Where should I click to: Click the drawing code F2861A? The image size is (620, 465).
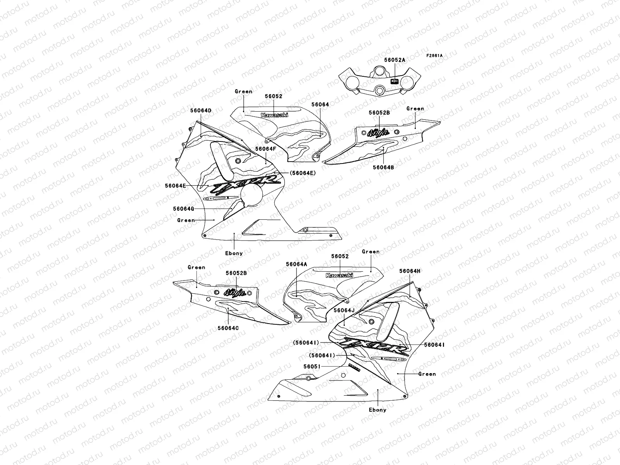point(434,56)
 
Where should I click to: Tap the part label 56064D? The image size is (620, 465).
point(201,110)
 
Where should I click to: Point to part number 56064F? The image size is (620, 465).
point(265,149)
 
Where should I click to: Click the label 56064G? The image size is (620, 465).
point(184,208)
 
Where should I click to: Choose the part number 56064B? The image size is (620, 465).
point(383,167)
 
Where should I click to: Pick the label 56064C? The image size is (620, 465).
point(228,328)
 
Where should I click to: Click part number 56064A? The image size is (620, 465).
point(296,264)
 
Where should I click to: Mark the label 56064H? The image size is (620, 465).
point(410,271)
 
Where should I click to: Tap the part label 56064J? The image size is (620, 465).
point(344,310)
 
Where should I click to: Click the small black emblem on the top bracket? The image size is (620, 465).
point(394,81)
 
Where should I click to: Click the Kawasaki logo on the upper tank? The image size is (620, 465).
point(274,115)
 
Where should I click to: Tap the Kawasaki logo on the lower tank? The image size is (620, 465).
point(339,275)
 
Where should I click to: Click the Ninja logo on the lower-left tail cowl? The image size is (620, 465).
point(235,292)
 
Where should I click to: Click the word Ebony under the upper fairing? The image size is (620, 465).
point(234,253)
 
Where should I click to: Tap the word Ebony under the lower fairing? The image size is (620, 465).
point(377,410)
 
